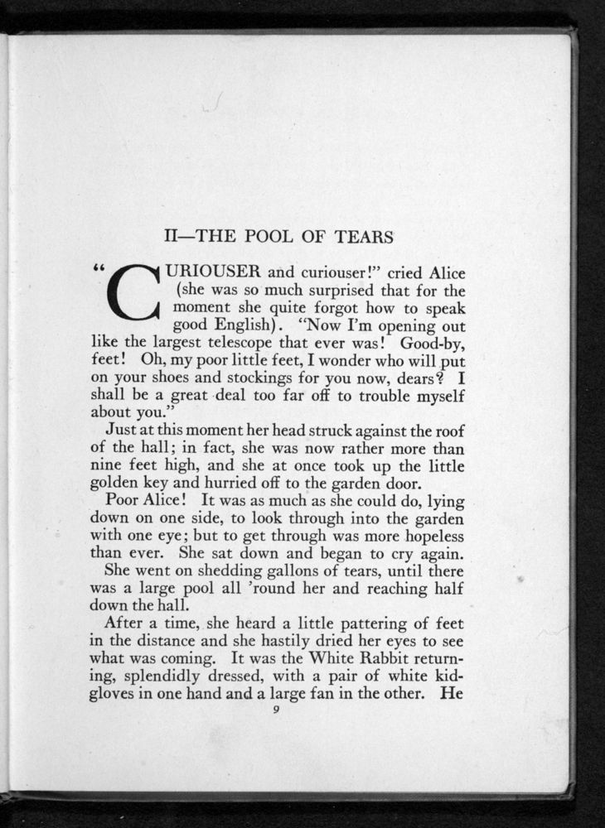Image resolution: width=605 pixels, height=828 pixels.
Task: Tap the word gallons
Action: point(254,572)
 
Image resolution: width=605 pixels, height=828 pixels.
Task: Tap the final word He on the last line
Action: point(451,697)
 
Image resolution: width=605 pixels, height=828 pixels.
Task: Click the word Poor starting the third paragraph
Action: point(124,502)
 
